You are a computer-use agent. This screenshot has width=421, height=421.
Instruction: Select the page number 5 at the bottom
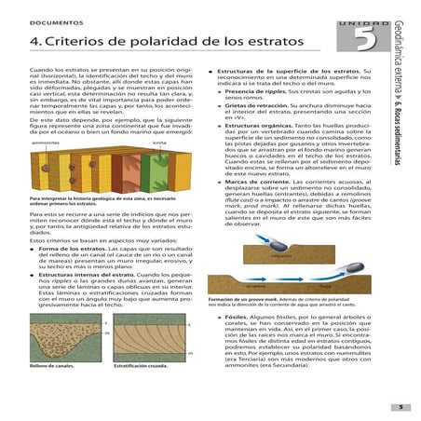[x=401, y=406]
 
